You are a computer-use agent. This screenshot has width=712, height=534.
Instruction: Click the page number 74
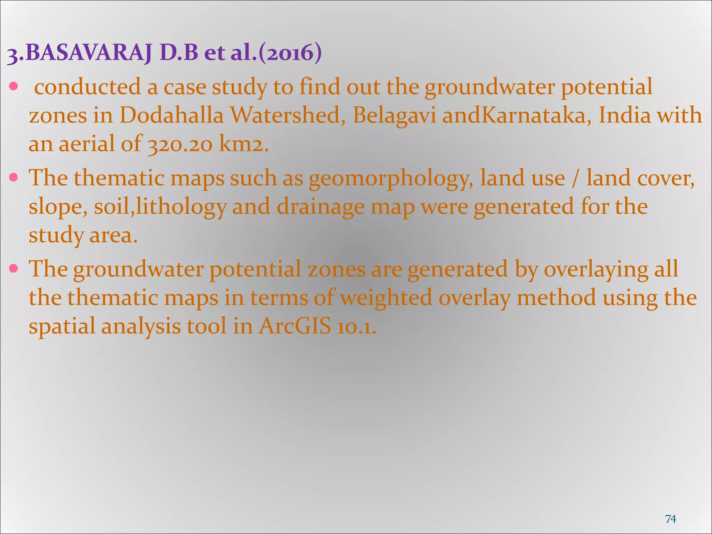click(x=671, y=519)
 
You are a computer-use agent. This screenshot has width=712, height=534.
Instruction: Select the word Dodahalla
click(x=171, y=115)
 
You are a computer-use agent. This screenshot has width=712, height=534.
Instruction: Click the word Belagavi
click(x=394, y=115)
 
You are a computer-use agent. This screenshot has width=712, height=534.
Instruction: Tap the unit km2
click(x=243, y=144)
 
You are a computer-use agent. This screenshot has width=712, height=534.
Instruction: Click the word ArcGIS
click(x=294, y=326)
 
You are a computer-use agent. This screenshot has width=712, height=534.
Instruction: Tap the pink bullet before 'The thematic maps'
click(x=14, y=178)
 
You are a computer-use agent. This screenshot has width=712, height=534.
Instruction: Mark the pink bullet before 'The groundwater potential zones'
click(x=14, y=269)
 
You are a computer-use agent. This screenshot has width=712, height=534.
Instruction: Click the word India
click(x=624, y=115)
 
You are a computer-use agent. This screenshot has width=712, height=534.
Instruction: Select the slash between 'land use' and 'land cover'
click(x=576, y=178)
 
